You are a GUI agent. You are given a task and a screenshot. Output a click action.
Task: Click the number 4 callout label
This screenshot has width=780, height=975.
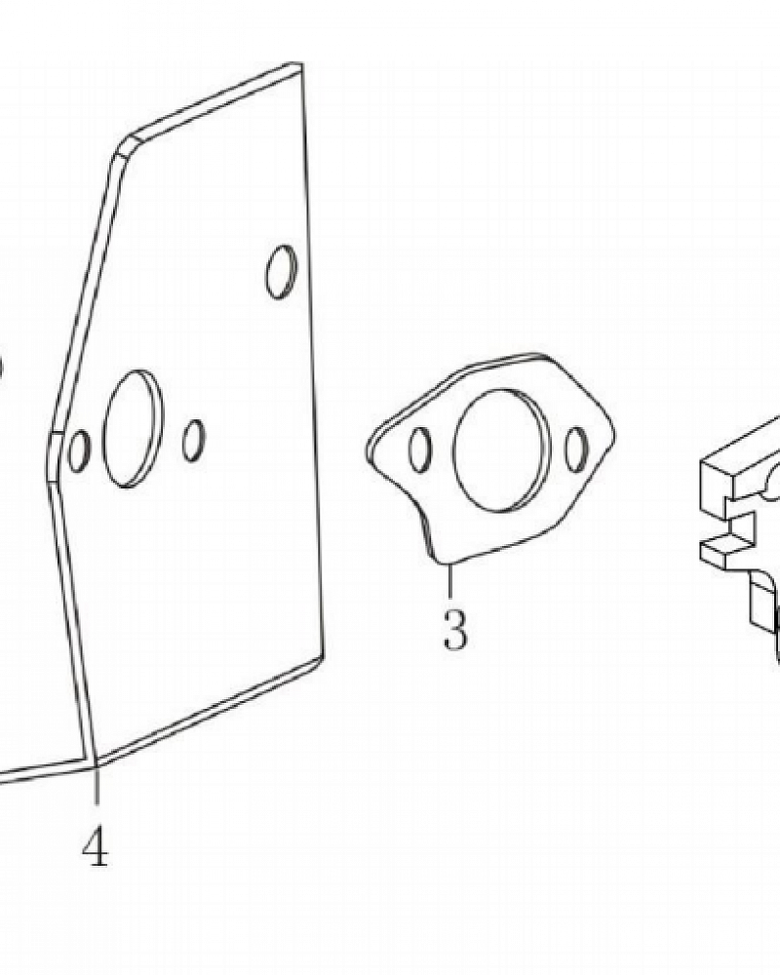point(96,847)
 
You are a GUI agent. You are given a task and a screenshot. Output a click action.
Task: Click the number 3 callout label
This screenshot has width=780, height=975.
point(454,629)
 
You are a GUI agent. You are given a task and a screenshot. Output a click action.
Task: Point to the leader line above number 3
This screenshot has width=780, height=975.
point(449,582)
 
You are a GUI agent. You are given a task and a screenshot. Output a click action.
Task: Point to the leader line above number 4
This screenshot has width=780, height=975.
point(97,786)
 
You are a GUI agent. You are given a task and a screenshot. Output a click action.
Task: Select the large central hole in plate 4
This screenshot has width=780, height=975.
point(133,429)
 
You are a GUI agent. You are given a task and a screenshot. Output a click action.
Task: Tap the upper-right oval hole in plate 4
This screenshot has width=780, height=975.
point(281,272)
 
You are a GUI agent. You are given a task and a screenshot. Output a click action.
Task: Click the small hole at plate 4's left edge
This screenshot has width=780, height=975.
point(79,450)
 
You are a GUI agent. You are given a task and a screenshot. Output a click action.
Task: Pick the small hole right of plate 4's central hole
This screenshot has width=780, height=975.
point(193,441)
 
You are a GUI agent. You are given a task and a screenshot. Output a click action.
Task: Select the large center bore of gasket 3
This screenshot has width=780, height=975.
point(501,450)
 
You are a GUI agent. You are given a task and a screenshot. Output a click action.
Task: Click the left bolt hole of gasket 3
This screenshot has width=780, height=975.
point(420,448)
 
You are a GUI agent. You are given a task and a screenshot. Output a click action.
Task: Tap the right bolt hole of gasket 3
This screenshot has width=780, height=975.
point(576,448)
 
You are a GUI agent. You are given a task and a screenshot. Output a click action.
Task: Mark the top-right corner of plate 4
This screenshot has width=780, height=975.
point(301,64)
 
